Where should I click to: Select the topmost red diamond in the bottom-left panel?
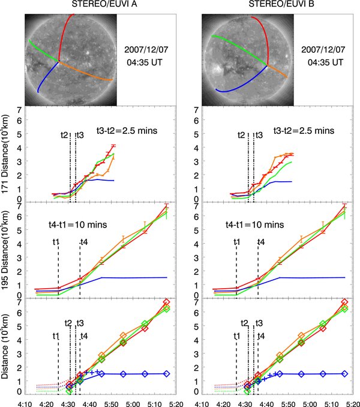click(166, 302)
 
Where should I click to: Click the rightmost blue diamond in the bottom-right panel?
click(344, 373)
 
